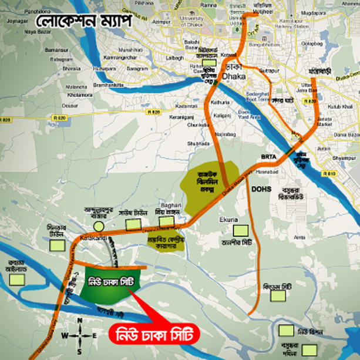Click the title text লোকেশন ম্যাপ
[x=83, y=20]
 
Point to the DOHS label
[x=260, y=190]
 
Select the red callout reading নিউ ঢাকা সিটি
[x=154, y=334]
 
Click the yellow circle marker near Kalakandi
[x=99, y=226]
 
